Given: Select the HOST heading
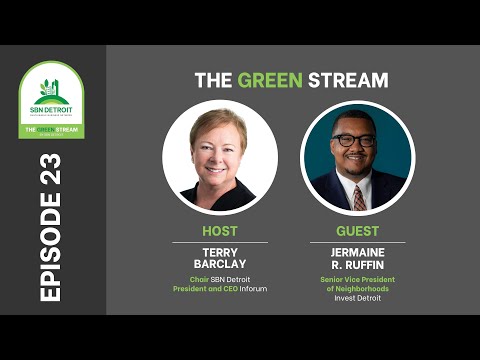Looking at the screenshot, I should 220,230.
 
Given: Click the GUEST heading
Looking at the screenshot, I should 357,230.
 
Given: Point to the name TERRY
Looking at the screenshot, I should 220,251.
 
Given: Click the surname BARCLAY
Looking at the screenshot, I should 220,264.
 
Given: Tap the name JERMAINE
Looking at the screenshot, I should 357,251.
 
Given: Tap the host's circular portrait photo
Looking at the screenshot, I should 220,157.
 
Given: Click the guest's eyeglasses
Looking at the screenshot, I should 355,141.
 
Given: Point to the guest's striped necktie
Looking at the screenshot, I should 358,196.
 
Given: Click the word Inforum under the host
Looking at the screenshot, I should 251,289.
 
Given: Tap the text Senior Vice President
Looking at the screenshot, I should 357,279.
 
